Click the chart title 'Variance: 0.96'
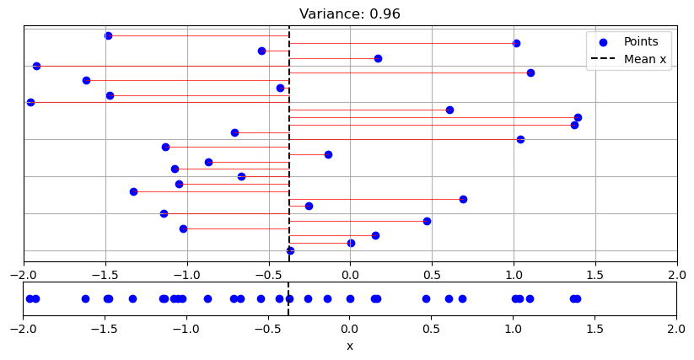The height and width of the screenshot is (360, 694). tap(350, 13)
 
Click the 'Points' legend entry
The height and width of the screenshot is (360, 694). tap(641, 41)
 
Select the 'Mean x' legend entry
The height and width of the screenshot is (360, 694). tap(646, 59)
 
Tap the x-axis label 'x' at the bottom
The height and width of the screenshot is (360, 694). tap(350, 347)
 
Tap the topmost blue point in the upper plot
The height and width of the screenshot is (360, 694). tap(108, 35)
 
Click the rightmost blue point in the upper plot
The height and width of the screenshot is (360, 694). tap(578, 117)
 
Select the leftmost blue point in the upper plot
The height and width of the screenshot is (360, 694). tap(30, 102)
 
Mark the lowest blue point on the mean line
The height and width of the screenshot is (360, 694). tap(290, 250)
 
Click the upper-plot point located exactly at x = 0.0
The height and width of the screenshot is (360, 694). tap(351, 243)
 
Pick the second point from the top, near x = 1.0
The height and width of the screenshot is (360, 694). tap(516, 43)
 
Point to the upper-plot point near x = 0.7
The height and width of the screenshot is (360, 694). tap(463, 199)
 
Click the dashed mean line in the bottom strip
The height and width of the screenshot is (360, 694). tap(288, 309)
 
